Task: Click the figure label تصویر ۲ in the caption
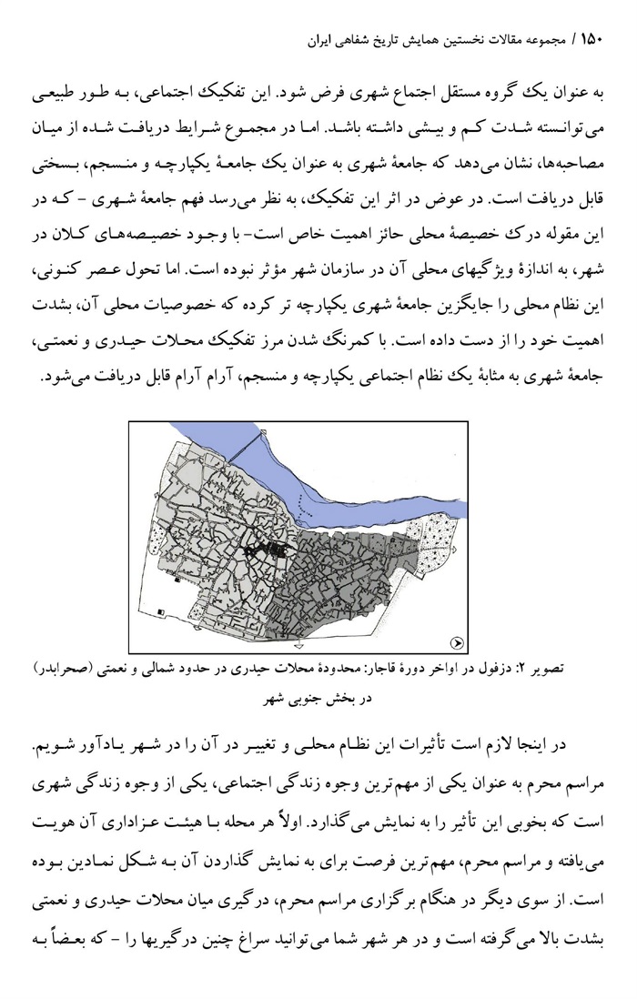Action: pyautogui.click(x=568, y=670)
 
